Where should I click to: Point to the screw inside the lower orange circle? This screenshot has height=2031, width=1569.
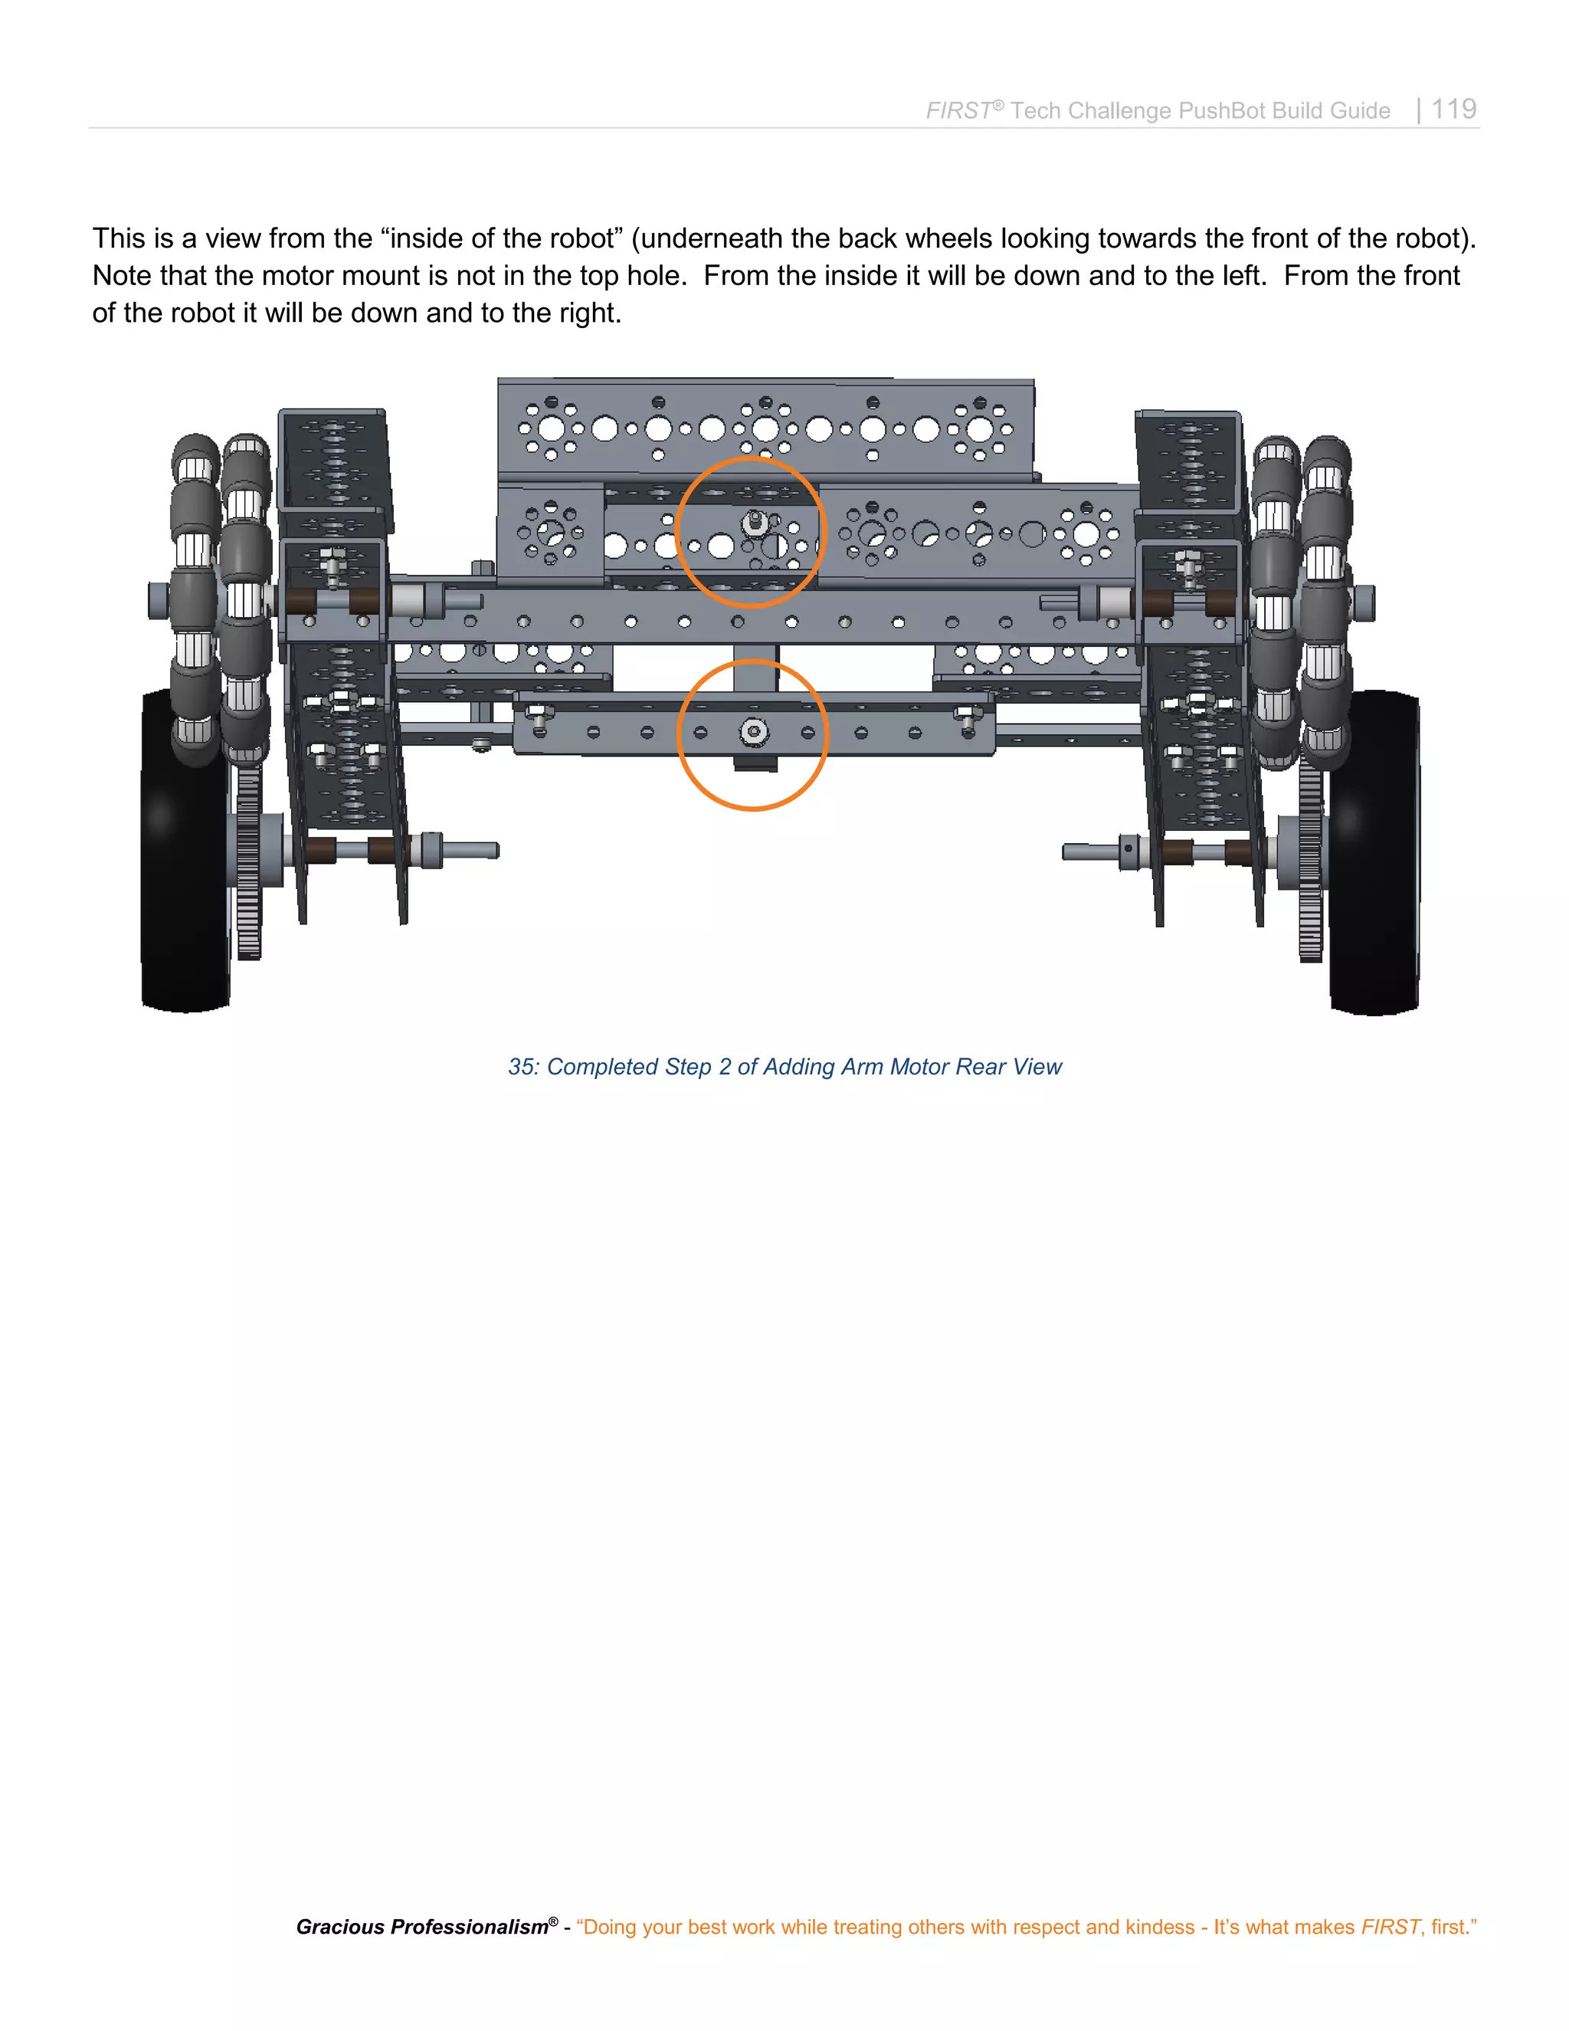coord(754,732)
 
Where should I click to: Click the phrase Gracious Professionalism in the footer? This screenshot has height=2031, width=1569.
coord(422,1927)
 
